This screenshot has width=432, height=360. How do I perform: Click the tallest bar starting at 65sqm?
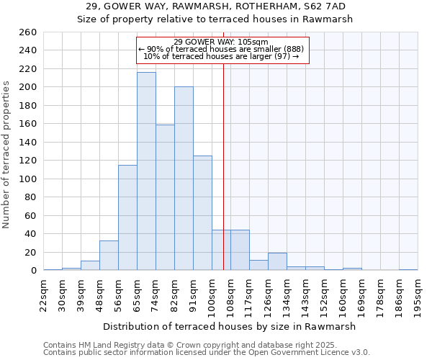[146, 171]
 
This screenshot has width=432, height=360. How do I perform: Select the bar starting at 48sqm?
[109, 256]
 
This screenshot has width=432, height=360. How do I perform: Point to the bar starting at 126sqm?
[277, 262]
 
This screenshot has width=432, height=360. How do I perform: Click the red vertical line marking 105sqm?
[223, 166]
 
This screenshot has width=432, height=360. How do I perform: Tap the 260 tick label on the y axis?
[27, 32]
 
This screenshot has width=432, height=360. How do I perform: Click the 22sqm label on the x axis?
[44, 294]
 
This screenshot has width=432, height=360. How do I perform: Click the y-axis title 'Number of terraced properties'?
[6, 154]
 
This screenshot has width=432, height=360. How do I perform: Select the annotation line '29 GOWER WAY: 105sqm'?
[221, 42]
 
